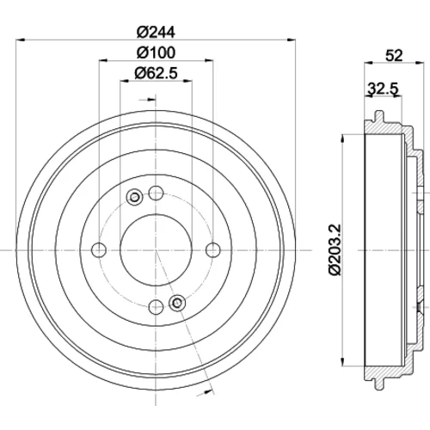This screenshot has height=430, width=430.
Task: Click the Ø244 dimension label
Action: (156, 32)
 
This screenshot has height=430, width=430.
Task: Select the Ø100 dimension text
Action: (156, 52)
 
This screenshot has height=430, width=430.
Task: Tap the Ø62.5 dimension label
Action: (157, 73)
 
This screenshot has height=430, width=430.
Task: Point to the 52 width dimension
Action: (394, 55)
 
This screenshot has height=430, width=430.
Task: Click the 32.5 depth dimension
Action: (384, 89)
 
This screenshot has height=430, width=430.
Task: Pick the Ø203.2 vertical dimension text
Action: (335, 249)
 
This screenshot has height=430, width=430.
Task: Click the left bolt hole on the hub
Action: (99, 250)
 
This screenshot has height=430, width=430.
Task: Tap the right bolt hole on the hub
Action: (213, 250)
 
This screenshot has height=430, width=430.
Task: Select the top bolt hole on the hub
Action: (156, 193)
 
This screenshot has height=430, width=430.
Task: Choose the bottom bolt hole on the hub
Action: (156, 307)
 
